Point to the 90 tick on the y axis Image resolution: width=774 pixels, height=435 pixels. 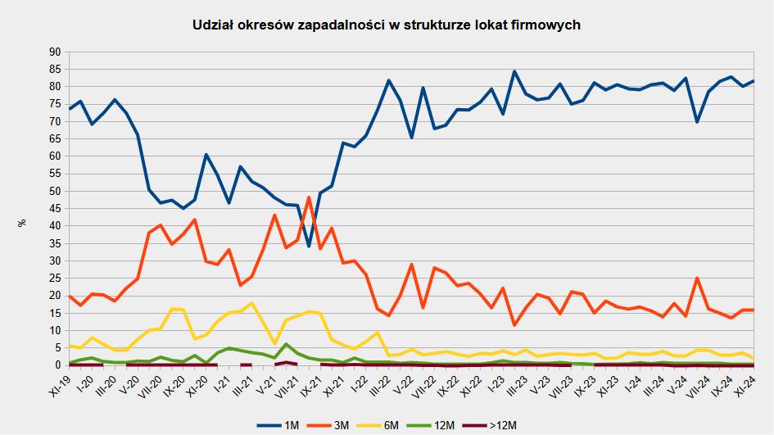coord(56,52)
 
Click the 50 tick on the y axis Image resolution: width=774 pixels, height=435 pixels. coord(56,191)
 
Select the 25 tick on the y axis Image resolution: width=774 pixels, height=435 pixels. coord(56,278)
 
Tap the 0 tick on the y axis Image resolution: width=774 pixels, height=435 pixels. coord(59,365)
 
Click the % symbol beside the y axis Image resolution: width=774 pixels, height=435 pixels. coord(21,222)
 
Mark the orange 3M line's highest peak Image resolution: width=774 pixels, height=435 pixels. coord(309,197)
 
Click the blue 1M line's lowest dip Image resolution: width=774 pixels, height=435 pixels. coord(309,246)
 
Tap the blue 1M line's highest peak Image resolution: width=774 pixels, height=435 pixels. coord(514,71)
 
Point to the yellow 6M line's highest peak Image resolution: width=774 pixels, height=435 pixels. coord(251,303)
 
